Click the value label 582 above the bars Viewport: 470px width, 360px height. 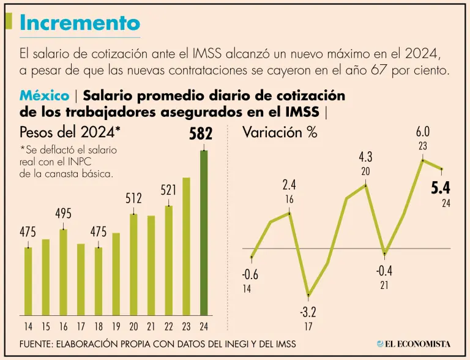click(x=201, y=134)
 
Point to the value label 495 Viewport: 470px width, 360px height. click(x=63, y=214)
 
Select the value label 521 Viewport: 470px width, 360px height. click(x=169, y=190)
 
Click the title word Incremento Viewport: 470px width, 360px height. click(x=80, y=23)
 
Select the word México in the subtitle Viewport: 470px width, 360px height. click(x=44, y=96)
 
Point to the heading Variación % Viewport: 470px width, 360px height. click(x=280, y=132)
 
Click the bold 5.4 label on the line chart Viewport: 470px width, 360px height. click(x=441, y=188)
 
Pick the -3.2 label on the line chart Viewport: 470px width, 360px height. click(x=308, y=313)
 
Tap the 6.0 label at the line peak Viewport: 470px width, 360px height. click(x=423, y=132)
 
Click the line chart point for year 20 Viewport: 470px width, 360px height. click(x=366, y=184)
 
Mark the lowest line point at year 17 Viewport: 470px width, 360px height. click(x=308, y=296)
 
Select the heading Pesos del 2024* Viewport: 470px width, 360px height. click(x=70, y=132)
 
